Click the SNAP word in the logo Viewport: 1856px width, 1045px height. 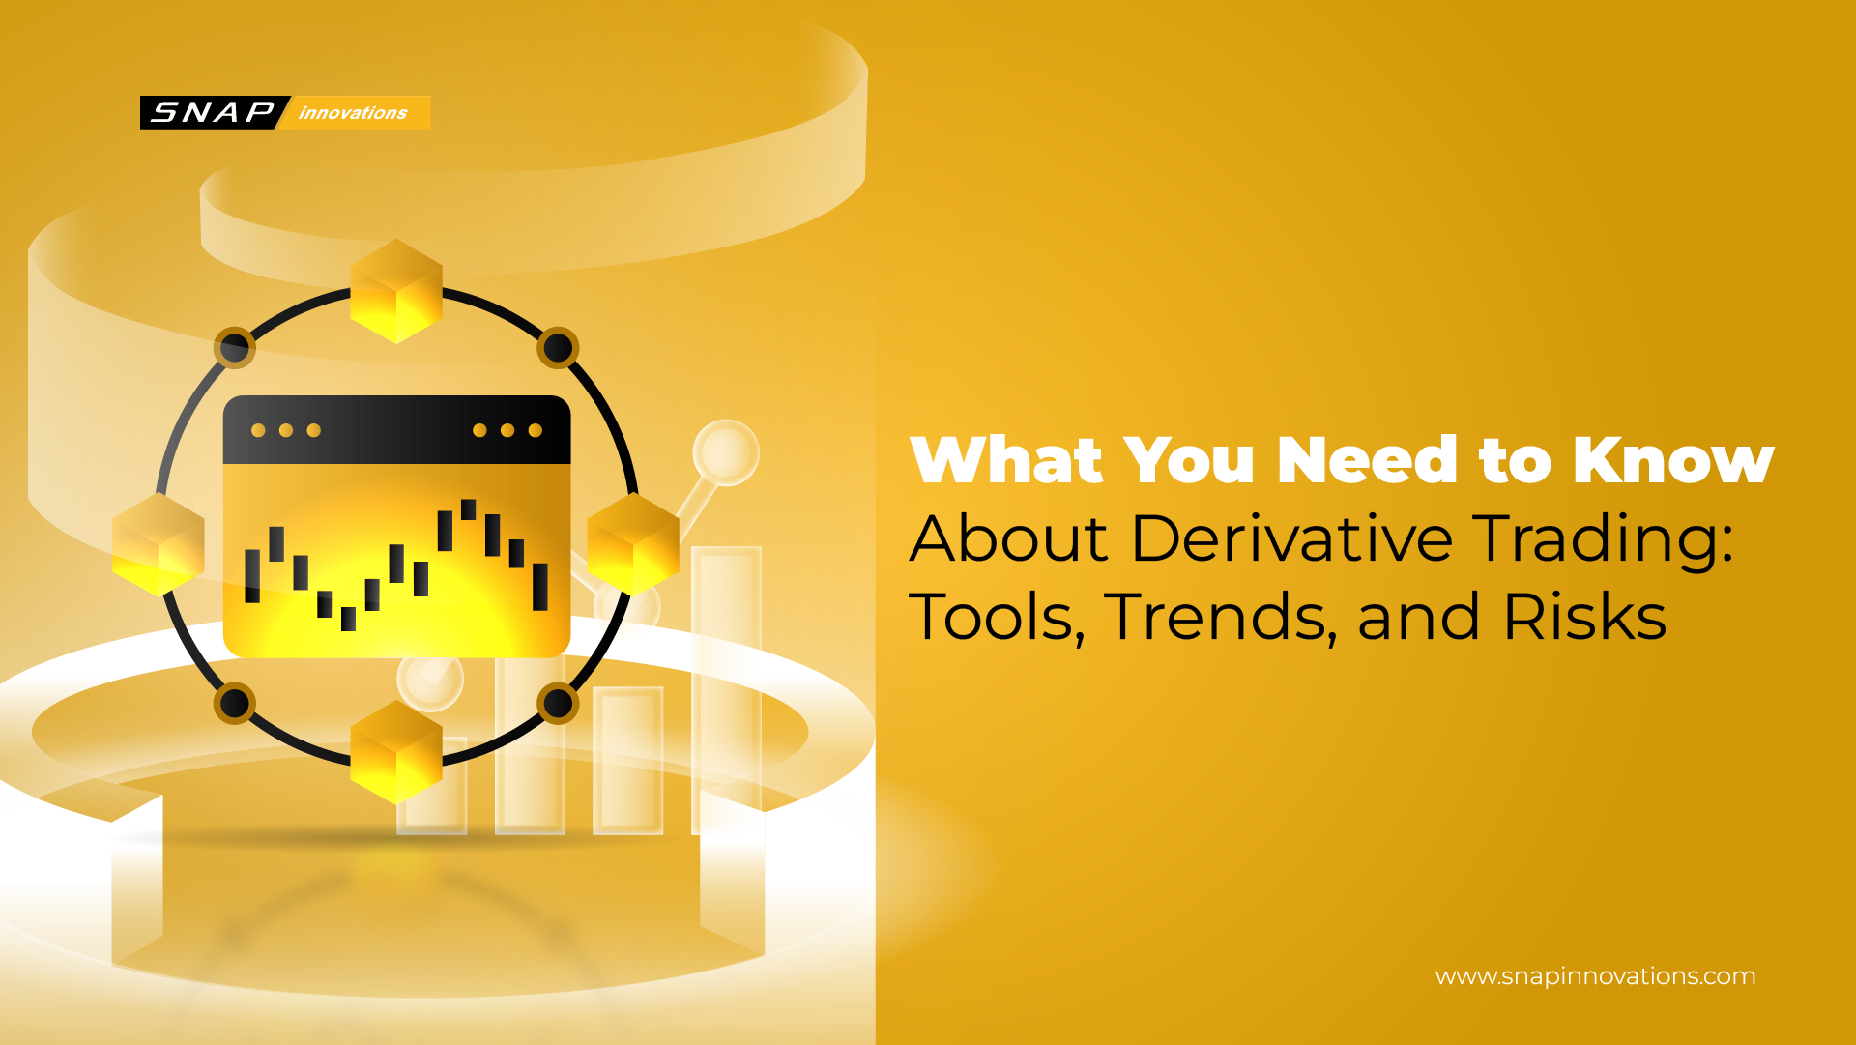(x=213, y=112)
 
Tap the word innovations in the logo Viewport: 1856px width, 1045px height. (x=353, y=113)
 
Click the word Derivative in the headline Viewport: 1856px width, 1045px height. (x=1291, y=538)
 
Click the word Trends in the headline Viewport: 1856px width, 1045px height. (x=1220, y=617)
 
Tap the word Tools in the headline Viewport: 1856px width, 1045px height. (x=996, y=617)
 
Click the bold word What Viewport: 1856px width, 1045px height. (x=1005, y=460)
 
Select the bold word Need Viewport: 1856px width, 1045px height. (x=1367, y=460)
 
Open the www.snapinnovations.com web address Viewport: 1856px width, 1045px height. (x=1595, y=976)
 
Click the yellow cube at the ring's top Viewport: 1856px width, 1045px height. (x=396, y=291)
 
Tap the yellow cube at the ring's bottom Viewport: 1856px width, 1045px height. (x=396, y=751)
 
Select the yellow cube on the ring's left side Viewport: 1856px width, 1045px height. (x=159, y=543)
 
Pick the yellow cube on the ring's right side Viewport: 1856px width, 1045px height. (x=633, y=543)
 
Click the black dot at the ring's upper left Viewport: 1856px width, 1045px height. (x=235, y=347)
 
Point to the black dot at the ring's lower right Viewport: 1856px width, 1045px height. (x=558, y=703)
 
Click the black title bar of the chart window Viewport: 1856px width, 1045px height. (x=396, y=430)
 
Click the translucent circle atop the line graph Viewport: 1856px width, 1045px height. (x=725, y=452)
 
